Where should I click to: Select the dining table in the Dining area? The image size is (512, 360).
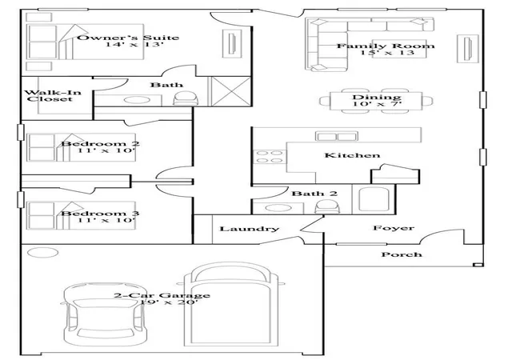coord(376,101)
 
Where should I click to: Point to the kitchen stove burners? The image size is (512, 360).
coord(270,157)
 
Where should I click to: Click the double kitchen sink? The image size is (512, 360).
coord(336,136)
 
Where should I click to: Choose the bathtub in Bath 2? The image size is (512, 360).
coord(374,199)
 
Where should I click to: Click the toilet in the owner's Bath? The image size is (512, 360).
coord(186,98)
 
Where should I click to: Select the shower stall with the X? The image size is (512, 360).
coord(231,91)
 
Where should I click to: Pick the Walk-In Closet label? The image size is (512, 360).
coord(52,95)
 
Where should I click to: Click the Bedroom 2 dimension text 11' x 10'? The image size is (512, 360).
coord(106,150)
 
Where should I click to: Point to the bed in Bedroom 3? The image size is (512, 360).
coord(81,215)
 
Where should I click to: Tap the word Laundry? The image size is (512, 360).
coord(249,229)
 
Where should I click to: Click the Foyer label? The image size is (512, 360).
coord(394,228)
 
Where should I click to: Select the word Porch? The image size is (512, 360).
coord(402,254)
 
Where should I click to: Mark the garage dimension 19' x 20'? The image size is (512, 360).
coord(169,302)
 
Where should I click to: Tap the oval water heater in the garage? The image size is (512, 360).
coord(42,253)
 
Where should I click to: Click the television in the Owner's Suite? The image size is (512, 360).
coord(232,43)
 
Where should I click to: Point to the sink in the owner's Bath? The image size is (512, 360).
coord(137,100)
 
